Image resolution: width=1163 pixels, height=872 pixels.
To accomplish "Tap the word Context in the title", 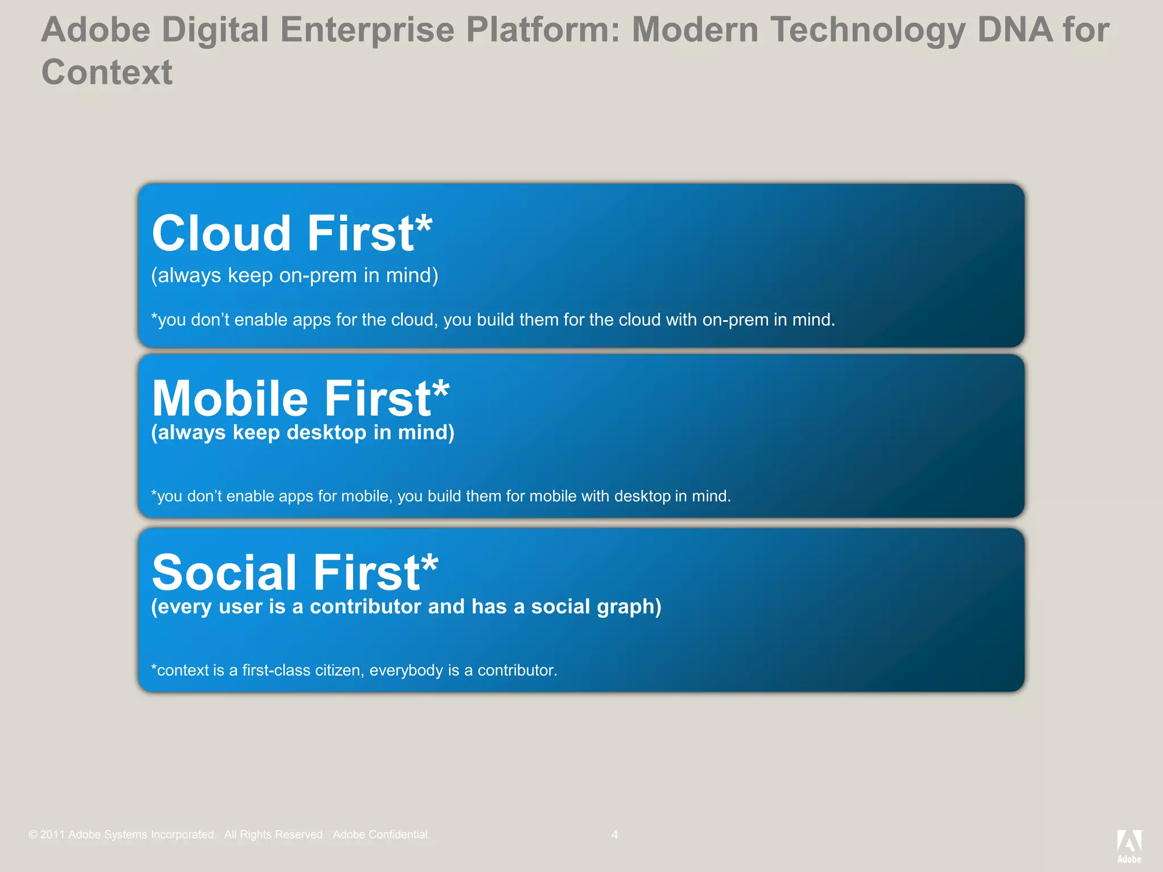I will pyautogui.click(x=107, y=73).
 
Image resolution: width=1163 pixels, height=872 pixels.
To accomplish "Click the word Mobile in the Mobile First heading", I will pyautogui.click(x=230, y=399).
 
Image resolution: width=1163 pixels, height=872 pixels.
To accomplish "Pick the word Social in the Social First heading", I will pyautogui.click(x=224, y=572).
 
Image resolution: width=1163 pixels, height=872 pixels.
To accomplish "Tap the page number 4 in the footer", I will pyautogui.click(x=614, y=835).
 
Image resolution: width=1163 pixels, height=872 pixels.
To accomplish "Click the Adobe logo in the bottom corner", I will pyautogui.click(x=1129, y=845).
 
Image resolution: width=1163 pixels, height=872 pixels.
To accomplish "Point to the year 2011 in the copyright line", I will pyautogui.click(x=52, y=835).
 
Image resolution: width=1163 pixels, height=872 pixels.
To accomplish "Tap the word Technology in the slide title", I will pyautogui.click(x=868, y=30).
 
